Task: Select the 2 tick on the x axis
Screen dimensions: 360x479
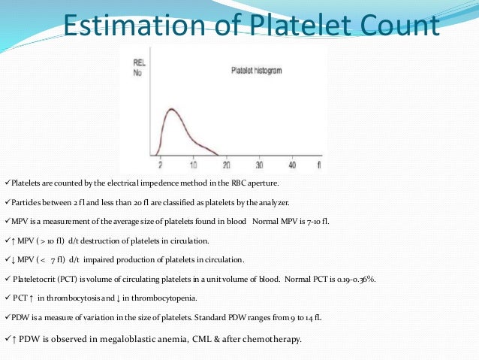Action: coord(159,164)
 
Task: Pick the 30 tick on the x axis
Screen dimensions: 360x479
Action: coord(259,164)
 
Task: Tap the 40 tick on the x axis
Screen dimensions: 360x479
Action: coord(292,164)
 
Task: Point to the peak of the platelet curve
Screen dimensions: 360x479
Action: coord(171,110)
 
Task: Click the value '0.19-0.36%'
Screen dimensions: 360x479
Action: coord(353,278)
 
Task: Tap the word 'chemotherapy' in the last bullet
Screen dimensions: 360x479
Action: coord(268,339)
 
